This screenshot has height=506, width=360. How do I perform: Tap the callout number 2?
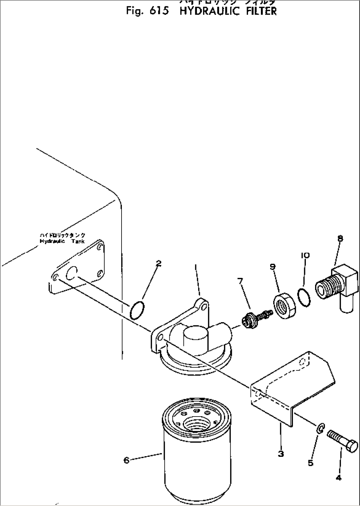pyautogui.click(x=159, y=263)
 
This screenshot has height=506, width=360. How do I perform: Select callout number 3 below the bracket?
pyautogui.click(x=280, y=454)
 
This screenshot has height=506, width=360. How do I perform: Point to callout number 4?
pyautogui.click(x=338, y=477)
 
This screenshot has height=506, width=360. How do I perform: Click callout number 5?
pyautogui.click(x=310, y=463)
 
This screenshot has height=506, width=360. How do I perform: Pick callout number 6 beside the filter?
pyautogui.click(x=126, y=460)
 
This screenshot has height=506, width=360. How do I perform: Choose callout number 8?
pyautogui.click(x=340, y=238)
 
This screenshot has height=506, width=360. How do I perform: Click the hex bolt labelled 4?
pyautogui.click(x=342, y=441)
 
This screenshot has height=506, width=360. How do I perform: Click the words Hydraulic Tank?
pyautogui.click(x=62, y=241)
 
